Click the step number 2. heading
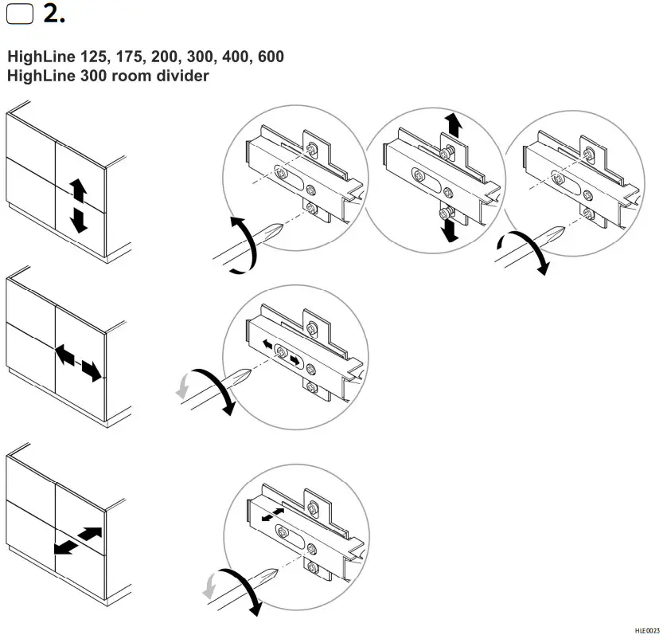[x=53, y=14]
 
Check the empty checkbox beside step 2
[x=19, y=16]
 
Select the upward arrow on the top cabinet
[x=78, y=190]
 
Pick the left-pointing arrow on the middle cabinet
[x=64, y=354]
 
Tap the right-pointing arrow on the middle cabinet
[x=92, y=370]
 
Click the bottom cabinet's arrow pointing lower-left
[x=64, y=547]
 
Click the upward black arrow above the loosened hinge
[x=454, y=123]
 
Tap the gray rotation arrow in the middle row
[x=181, y=387]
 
